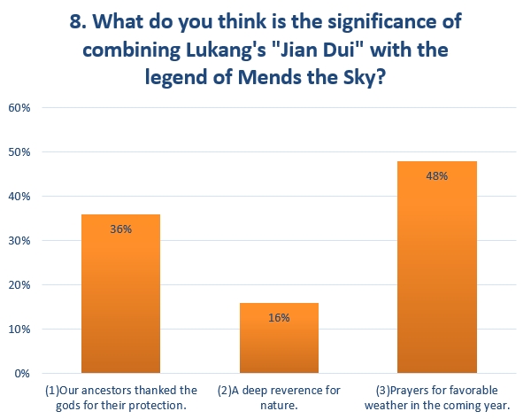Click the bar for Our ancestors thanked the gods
pyautogui.click(x=120, y=293)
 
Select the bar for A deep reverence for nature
pyautogui.click(x=279, y=338)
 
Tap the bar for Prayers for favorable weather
pyautogui.click(x=437, y=268)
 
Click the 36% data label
pyautogui.click(x=121, y=229)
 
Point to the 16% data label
pyautogui.click(x=279, y=318)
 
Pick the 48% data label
pyautogui.click(x=437, y=176)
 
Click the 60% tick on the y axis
pyautogui.click(x=19, y=108)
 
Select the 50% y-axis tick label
pyautogui.click(x=19, y=151)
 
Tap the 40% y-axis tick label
pyautogui.click(x=19, y=197)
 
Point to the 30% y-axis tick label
pyautogui.click(x=19, y=241)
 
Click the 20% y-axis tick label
pyautogui.click(x=19, y=284)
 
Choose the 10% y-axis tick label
pyautogui.click(x=19, y=330)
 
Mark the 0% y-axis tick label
pyautogui.click(x=22, y=374)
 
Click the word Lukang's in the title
pyautogui.click(x=226, y=50)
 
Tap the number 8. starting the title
pyautogui.click(x=78, y=21)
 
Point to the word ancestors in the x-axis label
pyautogui.click(x=106, y=390)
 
